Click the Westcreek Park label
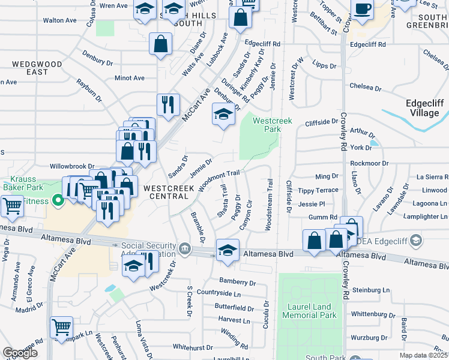click(272, 125)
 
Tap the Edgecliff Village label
click(425, 107)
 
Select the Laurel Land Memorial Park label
click(309, 311)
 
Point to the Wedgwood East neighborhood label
click(29, 68)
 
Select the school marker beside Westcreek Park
click(223, 114)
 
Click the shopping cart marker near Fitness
click(12, 206)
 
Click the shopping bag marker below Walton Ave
click(161, 44)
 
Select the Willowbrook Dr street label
click(72, 166)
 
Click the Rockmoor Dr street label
click(369, 163)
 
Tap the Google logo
click(20, 353)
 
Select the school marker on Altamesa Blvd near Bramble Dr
click(228, 250)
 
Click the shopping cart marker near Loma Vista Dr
click(61, 328)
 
